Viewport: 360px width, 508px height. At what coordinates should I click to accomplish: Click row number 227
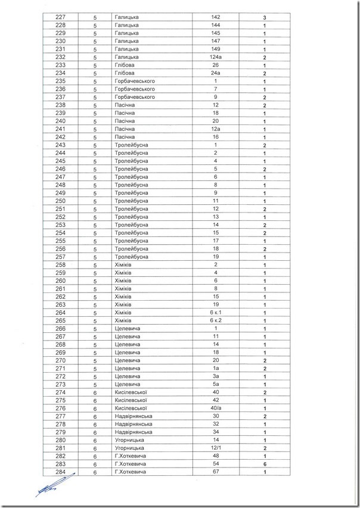61,18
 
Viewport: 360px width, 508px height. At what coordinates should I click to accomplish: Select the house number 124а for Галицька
216,57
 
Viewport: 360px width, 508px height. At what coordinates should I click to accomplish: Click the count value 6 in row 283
263,464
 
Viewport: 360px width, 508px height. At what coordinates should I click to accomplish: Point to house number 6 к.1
216,313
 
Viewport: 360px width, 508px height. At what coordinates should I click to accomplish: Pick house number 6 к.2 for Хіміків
216,320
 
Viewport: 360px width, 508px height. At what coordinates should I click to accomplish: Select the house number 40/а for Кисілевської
216,409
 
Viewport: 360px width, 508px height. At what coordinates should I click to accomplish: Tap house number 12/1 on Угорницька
216,448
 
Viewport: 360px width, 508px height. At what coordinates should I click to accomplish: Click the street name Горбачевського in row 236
134,89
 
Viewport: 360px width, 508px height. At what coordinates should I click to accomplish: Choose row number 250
61,201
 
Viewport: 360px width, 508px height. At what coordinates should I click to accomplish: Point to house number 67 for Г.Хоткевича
216,472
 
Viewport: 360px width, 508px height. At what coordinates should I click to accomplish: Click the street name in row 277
134,416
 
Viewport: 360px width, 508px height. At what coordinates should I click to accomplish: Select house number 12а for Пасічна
216,129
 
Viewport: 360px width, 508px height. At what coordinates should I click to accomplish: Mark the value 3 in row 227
263,18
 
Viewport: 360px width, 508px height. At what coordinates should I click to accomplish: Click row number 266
61,329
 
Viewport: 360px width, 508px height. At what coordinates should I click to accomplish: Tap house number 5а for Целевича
216,384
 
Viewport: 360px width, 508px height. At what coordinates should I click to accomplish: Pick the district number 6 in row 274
95,392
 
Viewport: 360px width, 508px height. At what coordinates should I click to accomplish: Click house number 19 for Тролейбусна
216,257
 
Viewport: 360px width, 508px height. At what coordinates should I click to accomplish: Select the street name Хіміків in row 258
123,264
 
